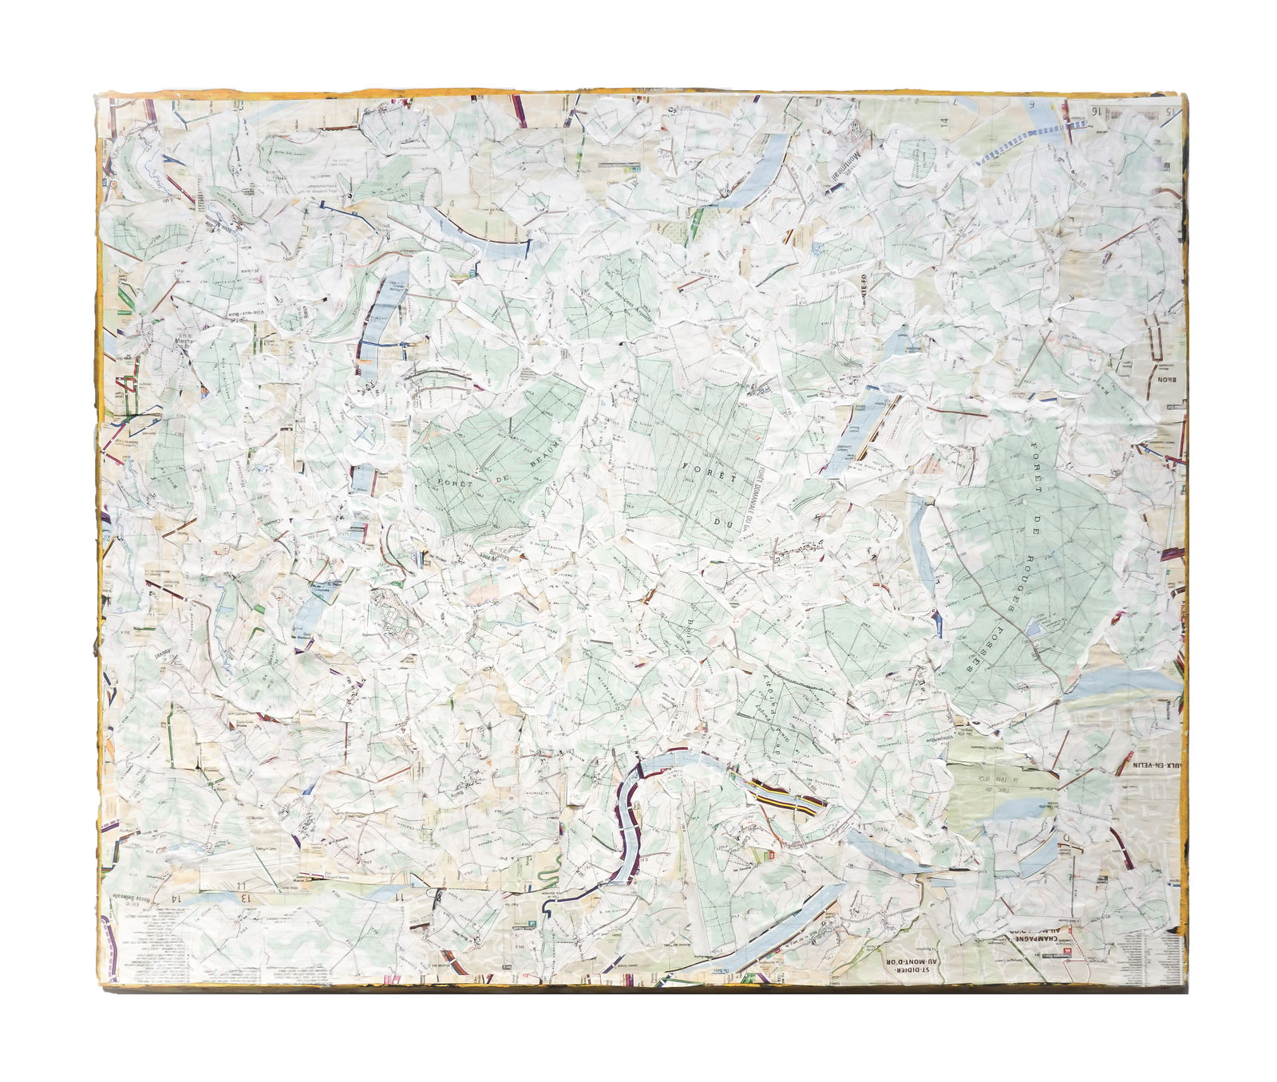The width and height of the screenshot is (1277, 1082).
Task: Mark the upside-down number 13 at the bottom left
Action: pos(247,898)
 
